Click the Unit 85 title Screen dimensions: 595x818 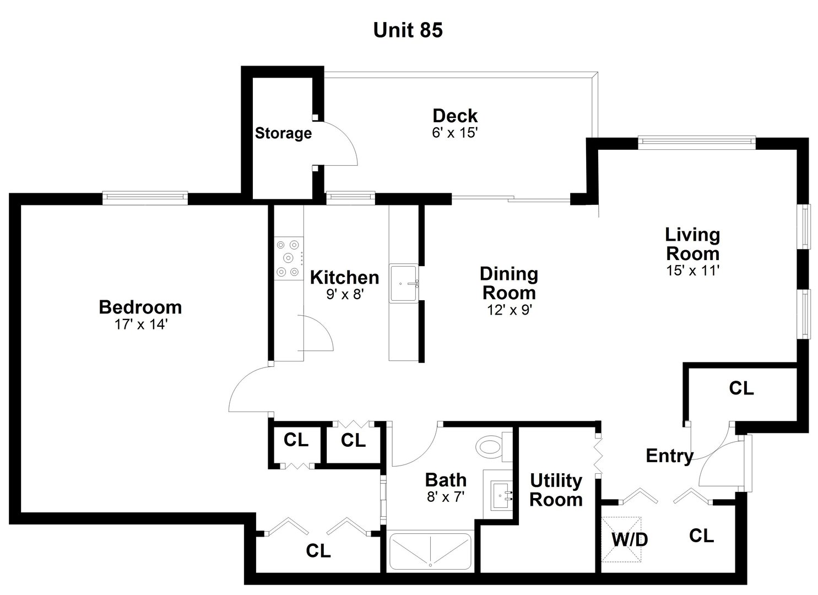408,30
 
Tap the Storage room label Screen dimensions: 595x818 283,133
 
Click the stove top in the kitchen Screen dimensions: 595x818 288,257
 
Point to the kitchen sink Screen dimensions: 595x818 404,283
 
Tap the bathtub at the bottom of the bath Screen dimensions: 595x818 430,551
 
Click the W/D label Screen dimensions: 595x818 629,540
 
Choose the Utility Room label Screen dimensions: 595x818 556,490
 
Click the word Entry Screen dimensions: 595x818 669,456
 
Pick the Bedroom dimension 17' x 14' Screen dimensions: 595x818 140,324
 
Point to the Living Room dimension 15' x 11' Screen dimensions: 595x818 692,271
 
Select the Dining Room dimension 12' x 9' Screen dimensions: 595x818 508,310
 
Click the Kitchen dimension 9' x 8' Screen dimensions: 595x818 345,295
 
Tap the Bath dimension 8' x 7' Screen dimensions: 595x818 446,496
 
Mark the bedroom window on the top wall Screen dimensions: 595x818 145,197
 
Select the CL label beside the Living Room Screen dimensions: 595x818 741,388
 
